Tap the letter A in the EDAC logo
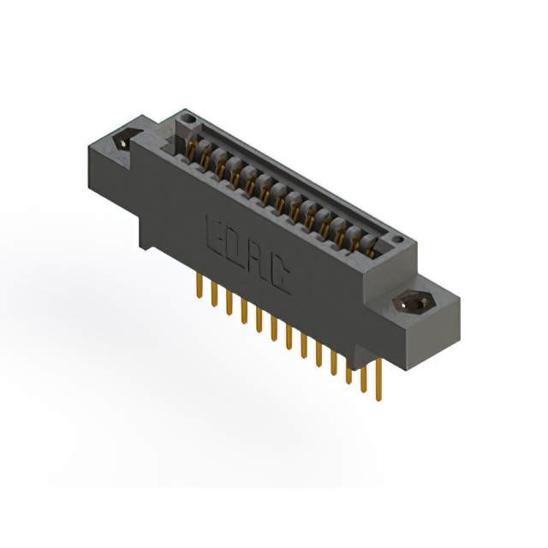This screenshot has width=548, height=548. click(258, 261)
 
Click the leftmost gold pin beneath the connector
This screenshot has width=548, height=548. click(200, 288)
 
